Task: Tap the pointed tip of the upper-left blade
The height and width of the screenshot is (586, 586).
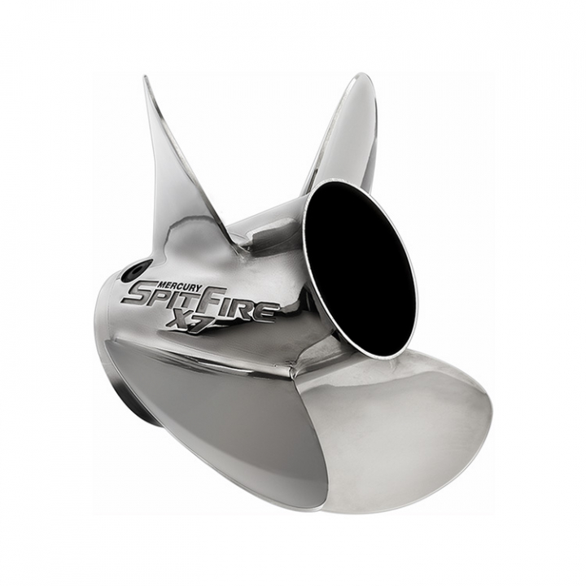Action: click(146, 79)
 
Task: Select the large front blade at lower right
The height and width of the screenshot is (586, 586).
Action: click(407, 431)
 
